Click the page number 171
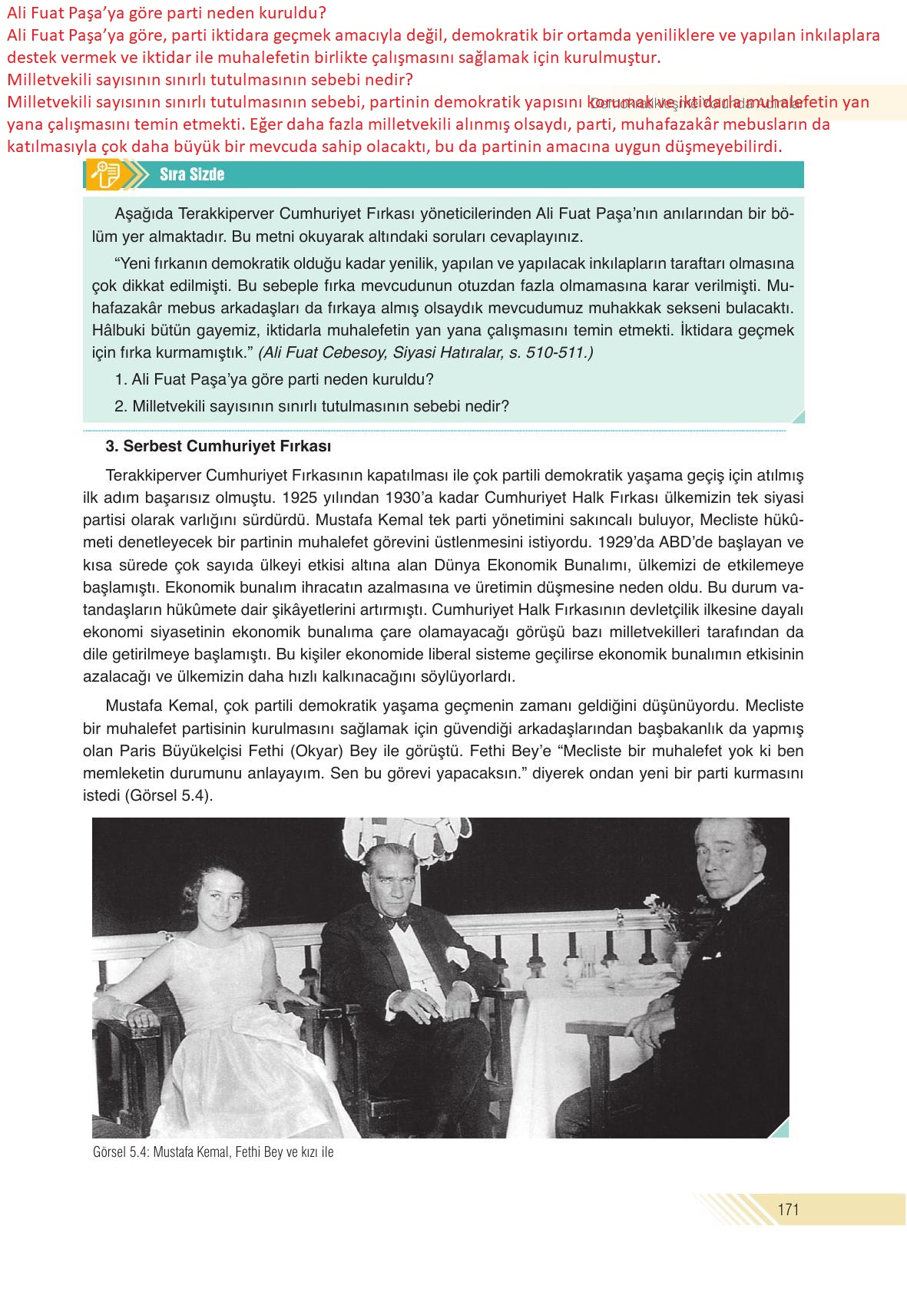788,1209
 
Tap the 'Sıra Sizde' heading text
192,174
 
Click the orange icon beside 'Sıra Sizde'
105,175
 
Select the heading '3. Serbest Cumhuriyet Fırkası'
218,446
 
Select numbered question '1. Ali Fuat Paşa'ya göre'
274,379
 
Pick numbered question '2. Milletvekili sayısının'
311,406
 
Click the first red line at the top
167,12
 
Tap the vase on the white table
680,956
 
